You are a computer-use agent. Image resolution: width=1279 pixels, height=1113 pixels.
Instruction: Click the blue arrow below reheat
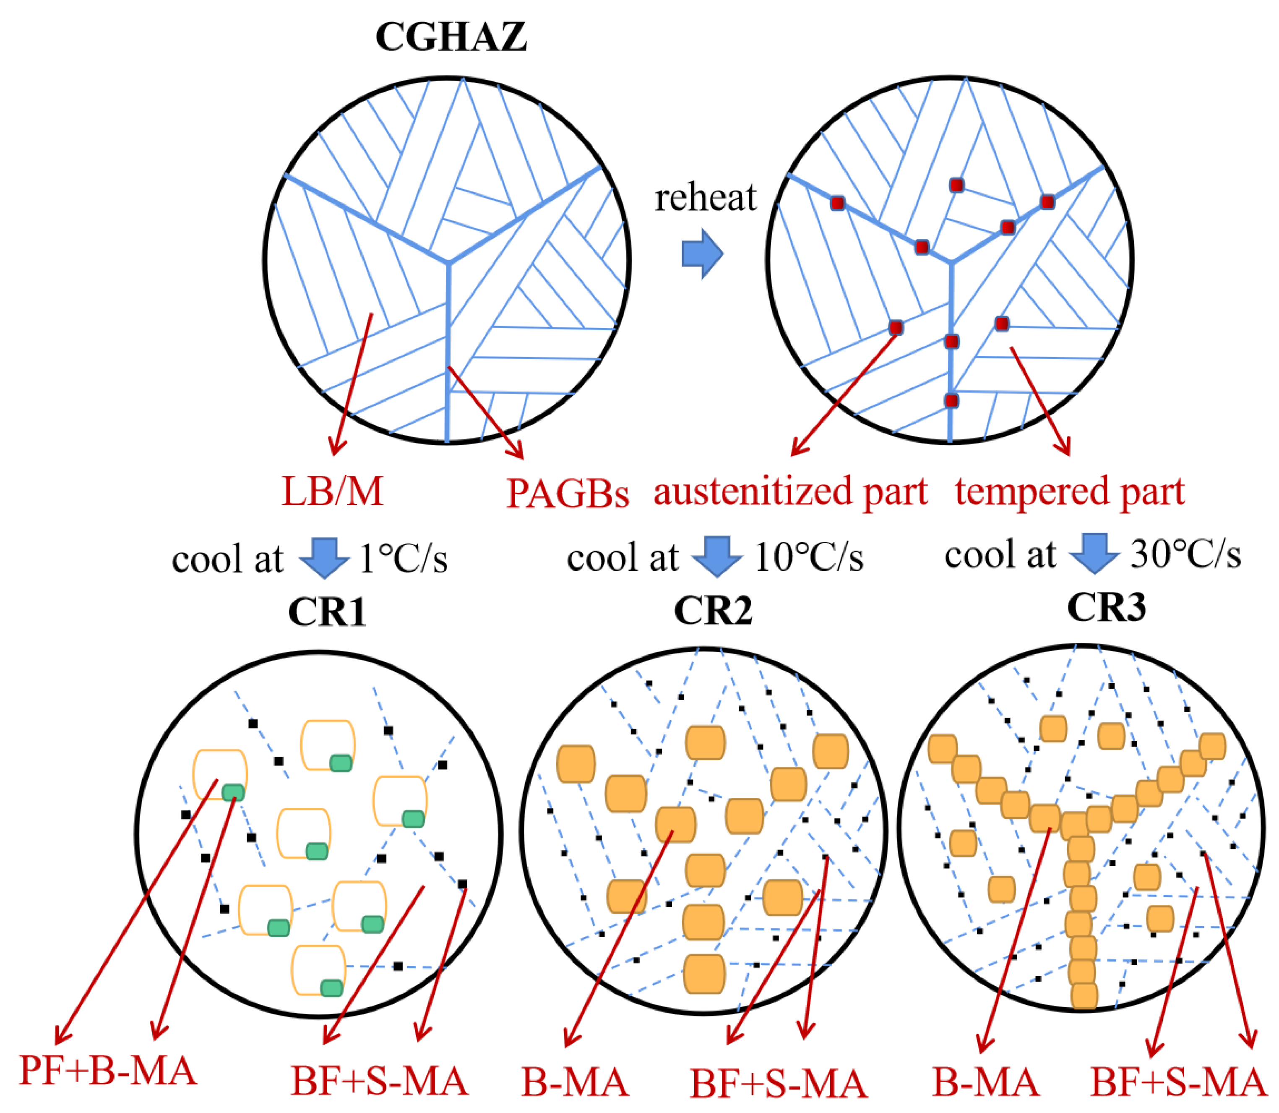tap(702, 253)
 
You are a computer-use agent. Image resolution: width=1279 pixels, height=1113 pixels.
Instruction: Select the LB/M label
tap(332, 492)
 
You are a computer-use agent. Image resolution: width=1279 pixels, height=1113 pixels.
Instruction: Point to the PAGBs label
tap(568, 494)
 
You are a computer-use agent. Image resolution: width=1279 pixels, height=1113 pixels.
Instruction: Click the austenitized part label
tap(790, 492)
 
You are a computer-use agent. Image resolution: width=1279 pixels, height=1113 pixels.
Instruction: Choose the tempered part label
tap(1070, 492)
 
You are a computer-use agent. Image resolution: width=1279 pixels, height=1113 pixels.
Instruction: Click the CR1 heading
tap(327, 612)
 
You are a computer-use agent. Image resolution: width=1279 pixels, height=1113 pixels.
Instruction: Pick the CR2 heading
tap(714, 611)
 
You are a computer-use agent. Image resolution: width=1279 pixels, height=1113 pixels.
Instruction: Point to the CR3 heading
tap(1107, 607)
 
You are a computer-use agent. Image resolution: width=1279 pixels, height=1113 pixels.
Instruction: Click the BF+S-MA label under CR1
tap(379, 1082)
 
